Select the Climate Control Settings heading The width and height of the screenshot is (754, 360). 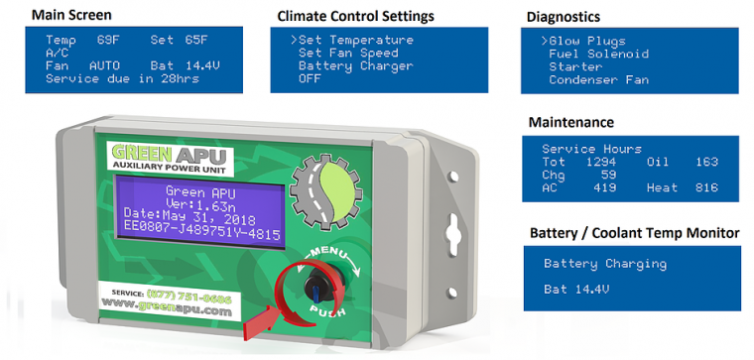click(355, 16)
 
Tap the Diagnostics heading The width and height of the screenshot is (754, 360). click(563, 17)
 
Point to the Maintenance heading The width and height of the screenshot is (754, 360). click(570, 122)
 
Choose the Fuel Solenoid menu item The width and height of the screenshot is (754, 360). click(598, 54)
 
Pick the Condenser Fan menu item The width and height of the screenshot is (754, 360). click(598, 79)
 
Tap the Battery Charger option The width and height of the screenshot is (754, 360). click(355, 65)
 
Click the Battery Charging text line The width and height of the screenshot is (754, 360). click(604, 264)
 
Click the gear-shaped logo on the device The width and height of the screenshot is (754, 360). click(328, 192)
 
